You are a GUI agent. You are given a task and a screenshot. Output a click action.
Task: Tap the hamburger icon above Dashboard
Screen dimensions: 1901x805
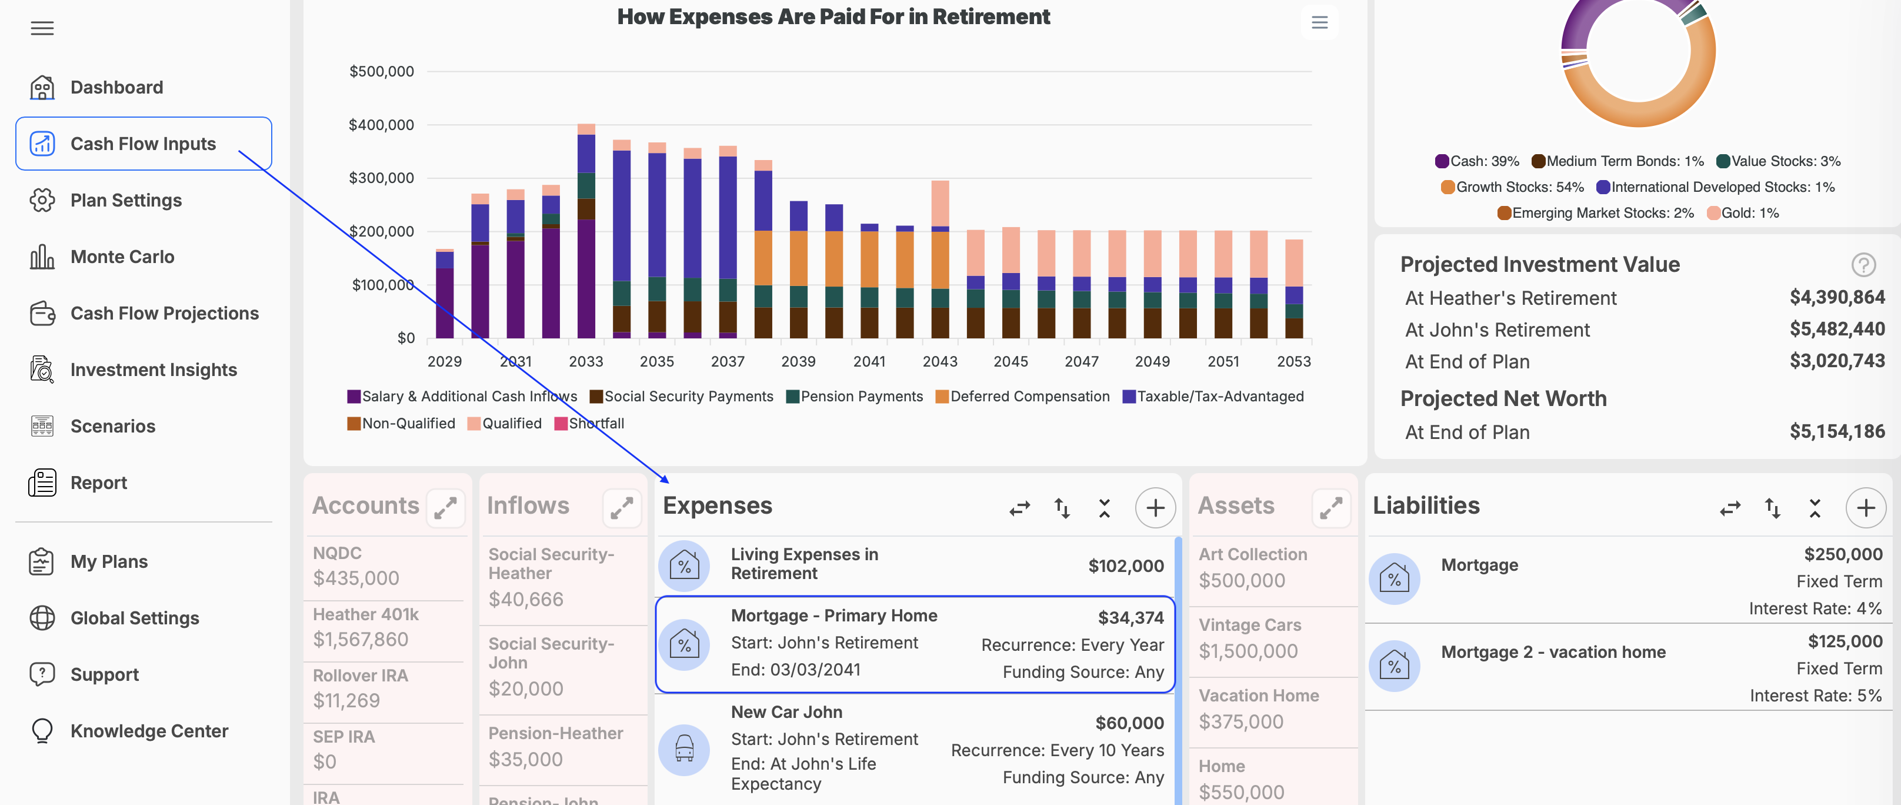click(42, 28)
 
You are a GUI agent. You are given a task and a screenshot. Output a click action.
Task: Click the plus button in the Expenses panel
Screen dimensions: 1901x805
click(1155, 508)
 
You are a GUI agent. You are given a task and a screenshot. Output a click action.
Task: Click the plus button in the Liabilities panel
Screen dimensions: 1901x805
click(1865, 508)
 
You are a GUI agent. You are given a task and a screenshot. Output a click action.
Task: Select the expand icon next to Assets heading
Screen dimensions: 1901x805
click(1330, 508)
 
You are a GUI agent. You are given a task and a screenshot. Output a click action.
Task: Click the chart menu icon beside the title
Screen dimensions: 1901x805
click(1319, 22)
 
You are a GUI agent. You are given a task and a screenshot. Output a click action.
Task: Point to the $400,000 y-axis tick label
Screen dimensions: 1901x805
click(382, 125)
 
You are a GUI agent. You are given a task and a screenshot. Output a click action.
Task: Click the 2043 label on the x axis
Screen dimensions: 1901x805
click(939, 361)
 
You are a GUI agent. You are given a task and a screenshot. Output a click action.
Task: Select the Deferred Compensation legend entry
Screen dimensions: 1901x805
click(1022, 397)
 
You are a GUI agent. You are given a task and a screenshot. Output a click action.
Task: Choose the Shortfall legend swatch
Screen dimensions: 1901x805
click(561, 424)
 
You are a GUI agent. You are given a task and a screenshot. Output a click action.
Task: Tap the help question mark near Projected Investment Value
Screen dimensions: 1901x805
click(1863, 264)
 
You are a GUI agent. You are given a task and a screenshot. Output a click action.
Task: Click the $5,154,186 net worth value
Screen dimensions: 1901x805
click(1837, 431)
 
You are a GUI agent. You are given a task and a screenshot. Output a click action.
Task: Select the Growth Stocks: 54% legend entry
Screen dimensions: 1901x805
click(1512, 187)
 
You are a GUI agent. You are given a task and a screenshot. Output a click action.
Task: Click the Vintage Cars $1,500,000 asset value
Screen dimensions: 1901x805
click(1248, 651)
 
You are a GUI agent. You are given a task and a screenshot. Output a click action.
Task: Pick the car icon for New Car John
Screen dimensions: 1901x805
click(684, 750)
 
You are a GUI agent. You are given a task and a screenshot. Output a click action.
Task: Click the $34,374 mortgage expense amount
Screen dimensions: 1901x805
click(1130, 617)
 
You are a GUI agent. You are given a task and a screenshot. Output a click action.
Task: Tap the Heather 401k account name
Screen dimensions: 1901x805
click(365, 614)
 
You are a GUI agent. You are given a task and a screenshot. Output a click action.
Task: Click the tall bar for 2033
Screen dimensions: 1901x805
click(586, 231)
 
